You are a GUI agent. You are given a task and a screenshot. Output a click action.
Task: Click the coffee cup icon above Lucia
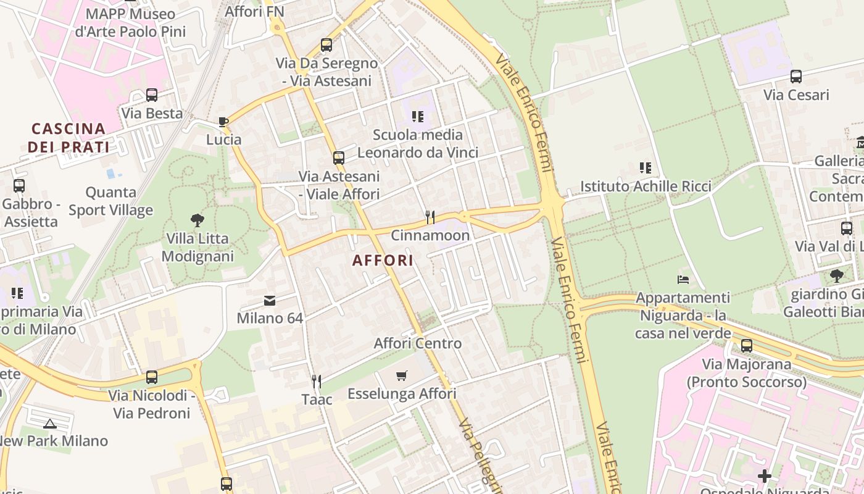coord(223,122)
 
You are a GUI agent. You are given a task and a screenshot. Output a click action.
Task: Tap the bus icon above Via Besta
coord(152,95)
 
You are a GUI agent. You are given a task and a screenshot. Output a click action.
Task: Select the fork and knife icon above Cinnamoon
coord(430,217)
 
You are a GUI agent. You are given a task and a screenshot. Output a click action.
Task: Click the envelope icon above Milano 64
coord(270,301)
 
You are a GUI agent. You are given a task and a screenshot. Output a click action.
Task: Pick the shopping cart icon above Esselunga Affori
coord(402,375)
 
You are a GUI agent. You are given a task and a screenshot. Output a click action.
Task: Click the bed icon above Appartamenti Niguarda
coord(683,280)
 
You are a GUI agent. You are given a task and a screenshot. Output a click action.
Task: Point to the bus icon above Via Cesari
coord(796,77)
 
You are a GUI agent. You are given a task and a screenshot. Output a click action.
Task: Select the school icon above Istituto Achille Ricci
coord(646,167)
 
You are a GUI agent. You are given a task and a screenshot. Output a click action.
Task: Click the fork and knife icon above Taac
coord(317,381)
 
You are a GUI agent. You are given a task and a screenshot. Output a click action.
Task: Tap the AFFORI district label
coord(383,261)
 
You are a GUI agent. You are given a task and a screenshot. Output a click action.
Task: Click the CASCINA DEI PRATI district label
coord(69,138)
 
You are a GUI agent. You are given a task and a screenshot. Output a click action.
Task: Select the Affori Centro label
coord(418,343)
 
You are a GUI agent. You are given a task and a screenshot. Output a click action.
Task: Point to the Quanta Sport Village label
coord(111,201)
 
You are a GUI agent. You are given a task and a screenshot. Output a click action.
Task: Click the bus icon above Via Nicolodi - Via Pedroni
coord(152,377)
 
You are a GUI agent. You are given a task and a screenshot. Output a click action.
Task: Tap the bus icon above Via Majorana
coord(747,345)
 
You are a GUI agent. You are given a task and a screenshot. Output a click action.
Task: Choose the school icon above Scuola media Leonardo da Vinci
coord(418,116)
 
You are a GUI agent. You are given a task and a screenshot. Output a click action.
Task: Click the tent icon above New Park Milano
coord(50,423)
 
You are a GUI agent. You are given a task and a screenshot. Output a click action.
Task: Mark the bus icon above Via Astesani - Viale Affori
coord(339,157)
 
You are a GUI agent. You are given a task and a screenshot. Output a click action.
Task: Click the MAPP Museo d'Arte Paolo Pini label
coord(130,23)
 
